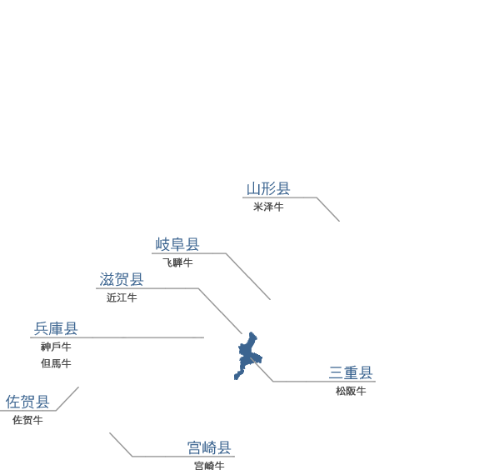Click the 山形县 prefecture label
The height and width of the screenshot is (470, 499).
tap(268, 188)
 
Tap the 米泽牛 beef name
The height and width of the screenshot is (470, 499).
tap(268, 207)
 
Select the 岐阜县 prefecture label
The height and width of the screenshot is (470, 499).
tap(177, 244)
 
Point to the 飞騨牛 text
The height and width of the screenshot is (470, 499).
tap(177, 262)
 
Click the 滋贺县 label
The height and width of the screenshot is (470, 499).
tap(122, 279)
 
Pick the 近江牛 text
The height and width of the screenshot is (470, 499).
tap(122, 297)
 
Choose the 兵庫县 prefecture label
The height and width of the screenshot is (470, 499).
tap(56, 328)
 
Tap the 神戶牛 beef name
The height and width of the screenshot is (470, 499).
tap(56, 347)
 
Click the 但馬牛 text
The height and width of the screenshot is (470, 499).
tap(56, 363)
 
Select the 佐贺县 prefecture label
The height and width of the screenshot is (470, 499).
tap(27, 402)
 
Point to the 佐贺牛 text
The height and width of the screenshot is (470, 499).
tap(27, 420)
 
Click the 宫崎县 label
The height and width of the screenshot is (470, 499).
tap(209, 447)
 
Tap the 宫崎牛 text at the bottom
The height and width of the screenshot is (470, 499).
tap(209, 466)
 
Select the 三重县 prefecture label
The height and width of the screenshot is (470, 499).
tap(351, 372)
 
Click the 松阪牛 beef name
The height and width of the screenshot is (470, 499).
tap(351, 391)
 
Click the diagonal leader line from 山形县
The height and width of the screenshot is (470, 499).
tap(328, 209)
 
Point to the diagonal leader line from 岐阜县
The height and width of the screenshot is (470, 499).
tap(248, 277)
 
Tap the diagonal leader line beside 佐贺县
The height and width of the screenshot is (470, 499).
tap(67, 398)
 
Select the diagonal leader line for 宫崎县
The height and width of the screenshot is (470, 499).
tap(121, 444)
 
